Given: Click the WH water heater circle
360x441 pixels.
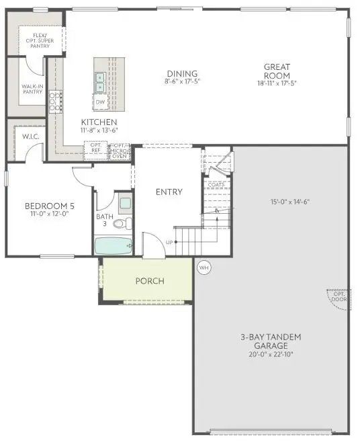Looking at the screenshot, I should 204,267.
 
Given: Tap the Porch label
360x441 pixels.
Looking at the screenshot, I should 149,281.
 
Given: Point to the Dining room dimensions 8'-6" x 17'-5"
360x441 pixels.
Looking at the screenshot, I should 183,82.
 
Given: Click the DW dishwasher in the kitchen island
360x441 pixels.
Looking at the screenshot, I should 100,103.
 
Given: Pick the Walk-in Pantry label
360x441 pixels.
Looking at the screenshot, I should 32,89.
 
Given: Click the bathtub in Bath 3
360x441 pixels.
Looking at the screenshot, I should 113,245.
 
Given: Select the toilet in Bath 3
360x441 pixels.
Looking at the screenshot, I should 121,223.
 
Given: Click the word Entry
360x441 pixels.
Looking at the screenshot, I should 169,192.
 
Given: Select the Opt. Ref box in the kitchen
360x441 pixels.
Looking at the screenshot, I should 95,149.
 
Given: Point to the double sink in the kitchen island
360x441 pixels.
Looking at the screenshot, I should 99,82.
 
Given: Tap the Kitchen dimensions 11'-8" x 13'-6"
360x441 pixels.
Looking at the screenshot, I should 99,130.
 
